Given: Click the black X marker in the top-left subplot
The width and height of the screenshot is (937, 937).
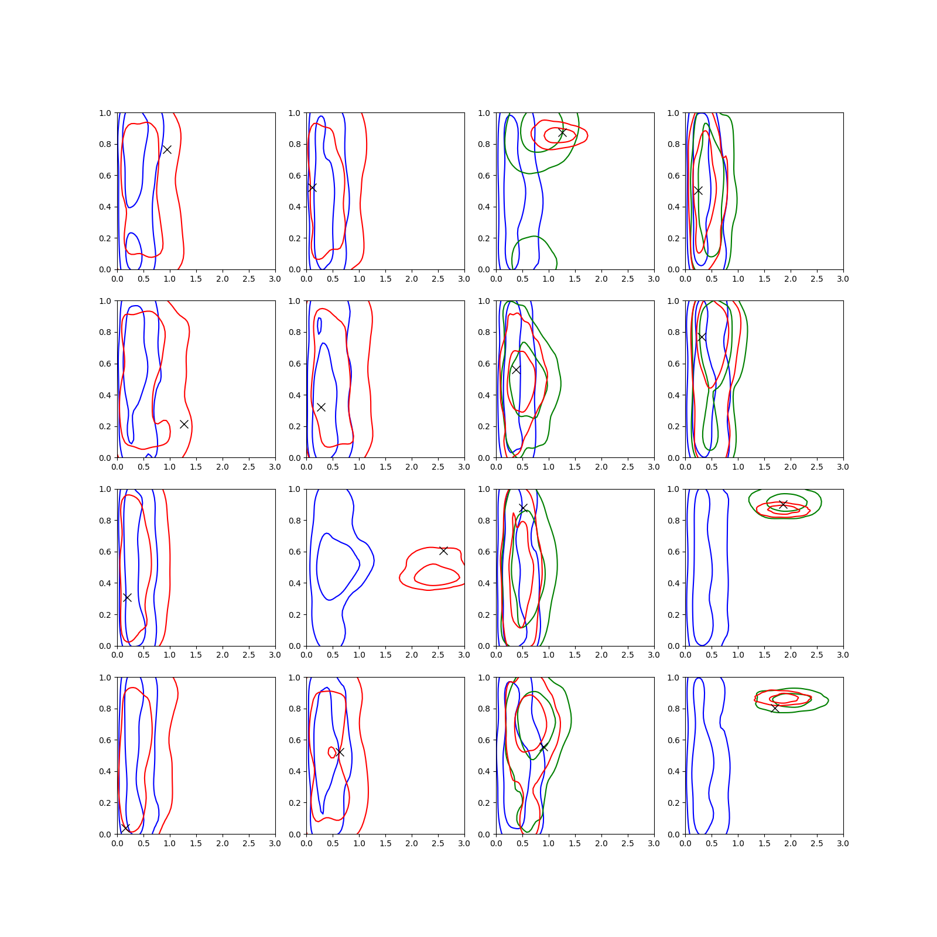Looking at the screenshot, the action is (x=167, y=149).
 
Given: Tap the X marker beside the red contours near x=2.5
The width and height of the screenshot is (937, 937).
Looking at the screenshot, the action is (x=443, y=550).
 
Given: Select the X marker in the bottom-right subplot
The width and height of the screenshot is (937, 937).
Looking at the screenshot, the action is (x=775, y=708).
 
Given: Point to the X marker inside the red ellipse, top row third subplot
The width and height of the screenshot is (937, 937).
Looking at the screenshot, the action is (x=562, y=133).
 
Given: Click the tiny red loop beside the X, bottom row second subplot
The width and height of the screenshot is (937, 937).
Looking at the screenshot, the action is (x=332, y=752).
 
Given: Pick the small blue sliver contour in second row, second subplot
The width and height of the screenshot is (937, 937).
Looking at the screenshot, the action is (x=319, y=326).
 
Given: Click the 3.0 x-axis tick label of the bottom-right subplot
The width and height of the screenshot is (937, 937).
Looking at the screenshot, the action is (x=843, y=843).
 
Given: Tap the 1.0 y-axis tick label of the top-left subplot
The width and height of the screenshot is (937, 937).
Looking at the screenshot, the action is (x=105, y=113).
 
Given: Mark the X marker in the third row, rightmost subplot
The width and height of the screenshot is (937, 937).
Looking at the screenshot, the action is (x=783, y=504).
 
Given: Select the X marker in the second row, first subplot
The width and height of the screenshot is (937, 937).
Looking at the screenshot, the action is (x=184, y=424).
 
